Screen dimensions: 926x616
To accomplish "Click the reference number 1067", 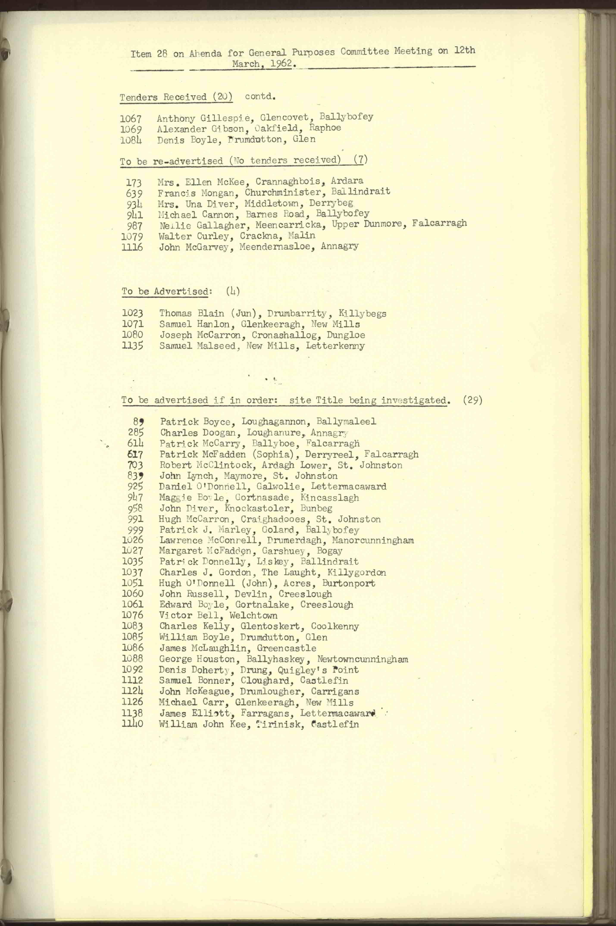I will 131,118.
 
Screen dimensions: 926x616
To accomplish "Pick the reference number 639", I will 134,193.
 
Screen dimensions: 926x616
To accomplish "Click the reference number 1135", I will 132,346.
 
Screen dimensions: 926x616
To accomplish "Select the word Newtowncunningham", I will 362,659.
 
